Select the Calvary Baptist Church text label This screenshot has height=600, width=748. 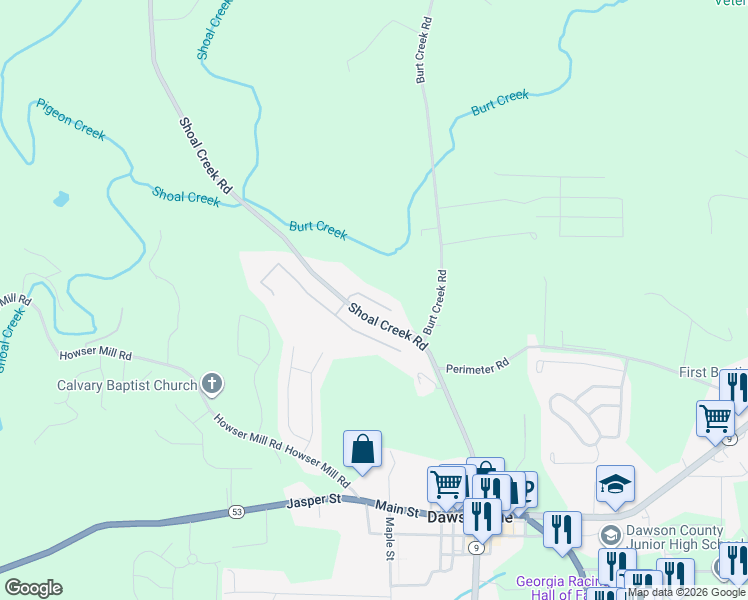[x=126, y=384]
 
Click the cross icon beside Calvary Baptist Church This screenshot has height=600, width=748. [x=211, y=382]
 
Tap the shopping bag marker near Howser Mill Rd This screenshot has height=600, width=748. [x=362, y=451]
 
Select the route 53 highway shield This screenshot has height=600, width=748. [x=236, y=513]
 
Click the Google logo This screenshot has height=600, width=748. [x=33, y=588]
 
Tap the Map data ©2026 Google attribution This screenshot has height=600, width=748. [x=686, y=592]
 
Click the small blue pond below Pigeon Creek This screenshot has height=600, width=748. [x=61, y=198]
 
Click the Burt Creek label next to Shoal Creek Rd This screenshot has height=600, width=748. [x=318, y=230]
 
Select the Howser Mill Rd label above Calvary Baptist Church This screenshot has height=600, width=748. [x=96, y=354]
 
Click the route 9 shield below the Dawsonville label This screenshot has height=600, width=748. [x=477, y=548]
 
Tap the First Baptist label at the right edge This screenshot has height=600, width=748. [x=712, y=372]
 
